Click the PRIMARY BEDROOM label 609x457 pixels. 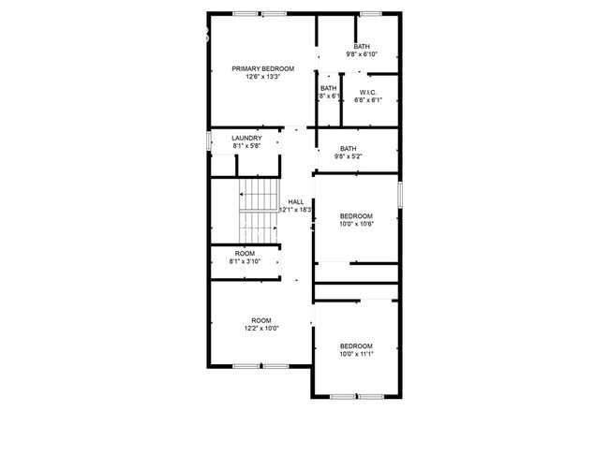click(x=263, y=68)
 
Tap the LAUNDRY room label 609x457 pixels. click(x=247, y=139)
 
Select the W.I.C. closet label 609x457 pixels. click(x=368, y=92)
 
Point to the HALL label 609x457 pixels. click(x=296, y=201)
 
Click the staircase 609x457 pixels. click(x=260, y=212)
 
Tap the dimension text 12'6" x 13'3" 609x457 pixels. click(x=263, y=77)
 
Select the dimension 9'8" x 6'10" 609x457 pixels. click(x=362, y=54)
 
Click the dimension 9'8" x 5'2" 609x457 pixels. click(x=349, y=156)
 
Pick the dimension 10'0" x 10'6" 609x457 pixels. click(x=356, y=224)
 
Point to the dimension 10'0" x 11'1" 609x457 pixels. click(x=356, y=354)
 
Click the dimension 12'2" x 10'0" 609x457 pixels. click(x=260, y=329)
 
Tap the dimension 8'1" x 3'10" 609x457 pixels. click(x=245, y=261)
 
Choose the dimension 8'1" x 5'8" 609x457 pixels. click(x=247, y=147)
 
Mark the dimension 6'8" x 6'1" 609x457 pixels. click(x=369, y=100)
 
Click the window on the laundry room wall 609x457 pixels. click(x=209, y=141)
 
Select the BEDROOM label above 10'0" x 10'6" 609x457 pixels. click(x=356, y=215)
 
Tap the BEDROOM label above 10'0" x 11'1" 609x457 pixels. click(x=356, y=346)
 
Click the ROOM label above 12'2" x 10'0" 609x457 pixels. click(x=260, y=320)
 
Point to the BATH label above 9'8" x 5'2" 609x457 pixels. click(x=349, y=148)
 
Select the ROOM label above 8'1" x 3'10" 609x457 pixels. click(x=245, y=253)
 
